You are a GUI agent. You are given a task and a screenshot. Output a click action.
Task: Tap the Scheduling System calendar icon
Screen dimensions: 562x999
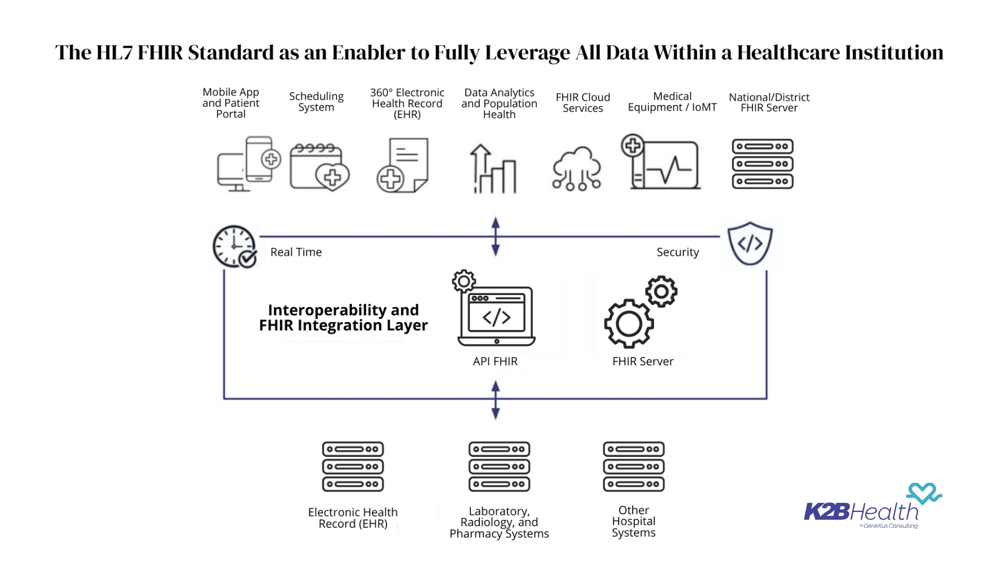[319, 167]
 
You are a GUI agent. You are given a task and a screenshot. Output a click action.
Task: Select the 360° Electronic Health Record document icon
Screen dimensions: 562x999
[403, 165]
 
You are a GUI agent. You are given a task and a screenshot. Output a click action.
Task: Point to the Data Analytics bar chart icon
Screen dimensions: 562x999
[493, 169]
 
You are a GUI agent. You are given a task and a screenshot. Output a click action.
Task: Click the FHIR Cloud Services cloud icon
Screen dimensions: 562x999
[576, 168]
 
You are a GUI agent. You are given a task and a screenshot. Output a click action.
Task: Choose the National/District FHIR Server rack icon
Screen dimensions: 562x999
[762, 164]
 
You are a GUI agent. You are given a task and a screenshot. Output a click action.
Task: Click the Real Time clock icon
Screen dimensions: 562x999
[234, 247]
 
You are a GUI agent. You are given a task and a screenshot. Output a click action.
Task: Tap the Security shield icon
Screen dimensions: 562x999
[750, 243]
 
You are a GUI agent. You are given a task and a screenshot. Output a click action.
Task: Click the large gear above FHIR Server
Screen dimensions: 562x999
[629, 323]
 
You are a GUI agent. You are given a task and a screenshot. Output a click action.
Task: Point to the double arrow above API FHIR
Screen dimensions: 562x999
[496, 237]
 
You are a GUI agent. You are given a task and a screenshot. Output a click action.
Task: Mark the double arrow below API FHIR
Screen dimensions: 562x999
[496, 400]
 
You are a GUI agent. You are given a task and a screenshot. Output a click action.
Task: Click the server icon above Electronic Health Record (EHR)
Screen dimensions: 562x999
[353, 466]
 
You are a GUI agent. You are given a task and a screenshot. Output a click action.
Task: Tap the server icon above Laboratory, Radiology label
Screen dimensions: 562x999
[500, 466]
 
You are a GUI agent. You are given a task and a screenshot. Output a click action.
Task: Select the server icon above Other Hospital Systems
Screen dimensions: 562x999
[634, 466]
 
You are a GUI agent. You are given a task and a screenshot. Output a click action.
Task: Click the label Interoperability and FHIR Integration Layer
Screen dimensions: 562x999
[343, 318]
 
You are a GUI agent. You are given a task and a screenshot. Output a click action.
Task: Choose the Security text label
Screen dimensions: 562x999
[678, 252]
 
